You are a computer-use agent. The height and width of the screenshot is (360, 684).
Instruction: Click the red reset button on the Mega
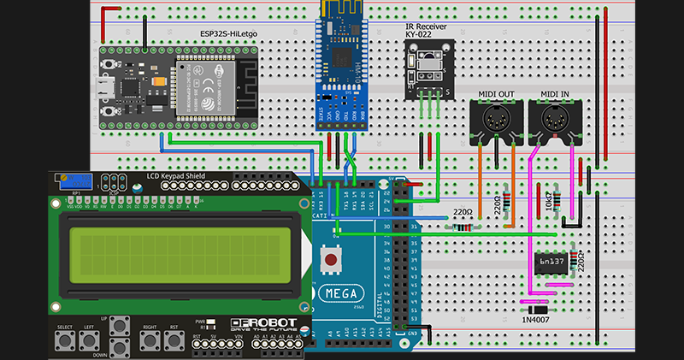(330, 257)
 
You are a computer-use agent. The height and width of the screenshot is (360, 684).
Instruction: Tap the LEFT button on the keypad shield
(88, 340)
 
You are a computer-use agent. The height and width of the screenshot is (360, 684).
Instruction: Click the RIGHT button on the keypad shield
(150, 339)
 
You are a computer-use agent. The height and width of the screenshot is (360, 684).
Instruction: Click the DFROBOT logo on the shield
(263, 325)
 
